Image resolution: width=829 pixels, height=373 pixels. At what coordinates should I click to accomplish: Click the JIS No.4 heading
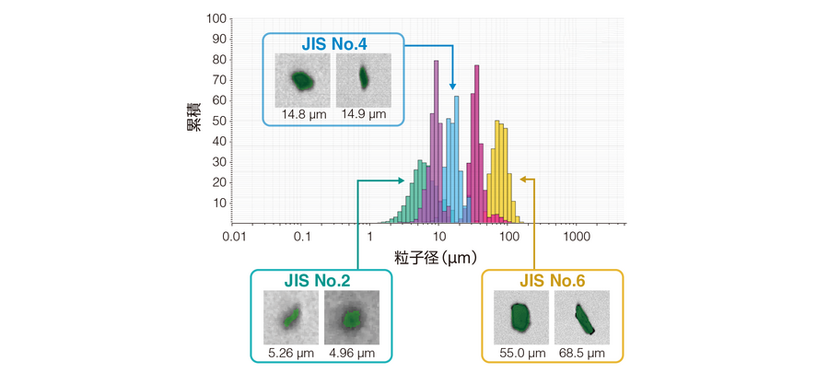(333, 44)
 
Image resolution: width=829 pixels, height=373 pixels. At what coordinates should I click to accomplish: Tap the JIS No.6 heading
(552, 281)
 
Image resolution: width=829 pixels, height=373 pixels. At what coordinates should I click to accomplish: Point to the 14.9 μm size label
(363, 114)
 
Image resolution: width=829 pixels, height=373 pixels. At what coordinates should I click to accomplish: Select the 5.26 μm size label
(291, 353)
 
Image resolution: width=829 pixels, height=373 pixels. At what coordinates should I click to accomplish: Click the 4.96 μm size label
(352, 353)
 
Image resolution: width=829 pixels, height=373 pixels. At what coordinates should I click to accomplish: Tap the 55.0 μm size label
(521, 353)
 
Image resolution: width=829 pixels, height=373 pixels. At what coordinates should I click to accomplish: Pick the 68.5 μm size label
(581, 353)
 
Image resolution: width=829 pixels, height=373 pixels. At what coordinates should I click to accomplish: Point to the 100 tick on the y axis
(217, 19)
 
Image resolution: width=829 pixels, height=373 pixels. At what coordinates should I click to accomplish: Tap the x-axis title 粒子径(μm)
(437, 259)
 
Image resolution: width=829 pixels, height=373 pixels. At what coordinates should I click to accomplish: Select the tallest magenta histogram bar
(476, 144)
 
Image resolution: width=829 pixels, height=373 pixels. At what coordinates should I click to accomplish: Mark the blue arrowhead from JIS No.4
(452, 87)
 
